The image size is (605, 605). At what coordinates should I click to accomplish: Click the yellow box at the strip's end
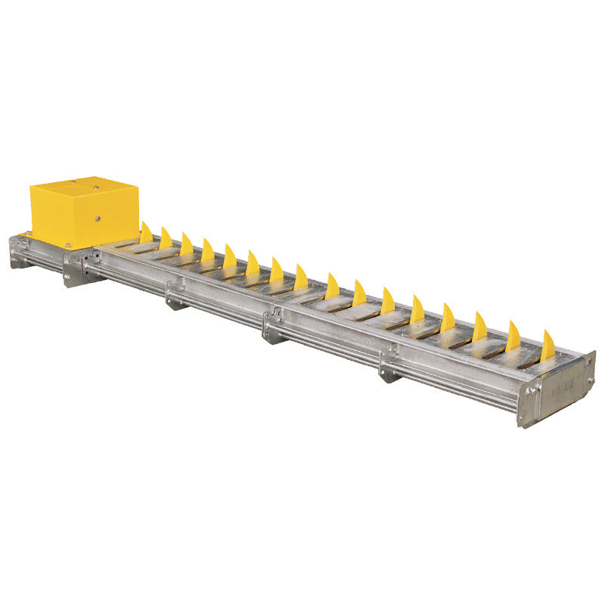(84, 212)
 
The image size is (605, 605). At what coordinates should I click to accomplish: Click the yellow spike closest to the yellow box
(146, 233)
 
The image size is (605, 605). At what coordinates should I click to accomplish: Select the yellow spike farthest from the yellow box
(548, 346)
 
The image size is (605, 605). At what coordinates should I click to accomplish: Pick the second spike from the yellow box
(166, 239)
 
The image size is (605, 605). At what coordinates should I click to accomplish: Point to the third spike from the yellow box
(186, 244)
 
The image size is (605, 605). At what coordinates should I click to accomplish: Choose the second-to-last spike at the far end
(513, 337)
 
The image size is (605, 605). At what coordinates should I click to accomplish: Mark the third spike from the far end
(479, 327)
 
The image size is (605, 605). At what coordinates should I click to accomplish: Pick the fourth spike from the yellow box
(207, 250)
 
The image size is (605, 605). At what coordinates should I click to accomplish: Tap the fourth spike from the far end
(448, 318)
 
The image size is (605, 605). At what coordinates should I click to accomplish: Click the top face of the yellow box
(83, 186)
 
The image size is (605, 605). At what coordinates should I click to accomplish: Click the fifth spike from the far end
(417, 309)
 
